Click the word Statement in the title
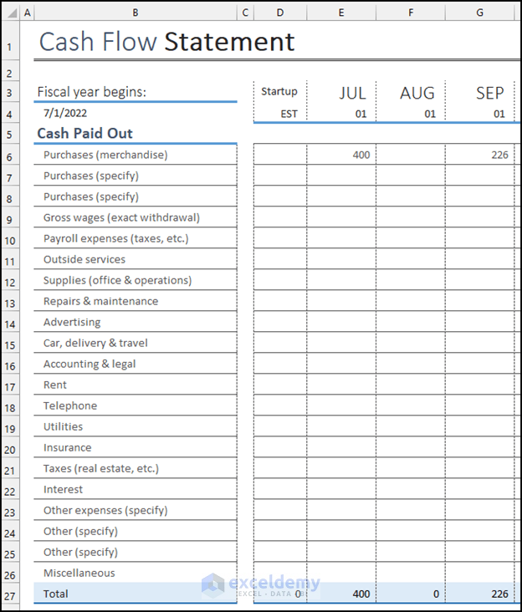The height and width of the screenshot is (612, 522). coord(229,42)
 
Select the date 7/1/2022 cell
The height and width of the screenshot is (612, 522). coord(65,113)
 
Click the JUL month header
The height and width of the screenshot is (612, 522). coord(352,93)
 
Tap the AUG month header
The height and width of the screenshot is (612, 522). coord(417,93)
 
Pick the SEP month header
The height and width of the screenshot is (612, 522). coord(489,93)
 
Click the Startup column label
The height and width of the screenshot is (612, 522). coord(279,92)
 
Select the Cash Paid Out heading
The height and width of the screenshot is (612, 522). coord(84,134)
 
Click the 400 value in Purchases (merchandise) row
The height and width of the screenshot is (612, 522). coord(361,155)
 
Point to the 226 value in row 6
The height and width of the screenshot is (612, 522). coord(499,155)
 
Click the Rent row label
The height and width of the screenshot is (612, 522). coord(55,385)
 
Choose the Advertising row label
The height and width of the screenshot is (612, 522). coord(72,322)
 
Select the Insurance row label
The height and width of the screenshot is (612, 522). coord(68,447)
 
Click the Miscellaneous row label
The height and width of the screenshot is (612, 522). coord(79,573)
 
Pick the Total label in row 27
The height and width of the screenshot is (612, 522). coord(56,594)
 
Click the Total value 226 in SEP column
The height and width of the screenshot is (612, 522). coord(499,594)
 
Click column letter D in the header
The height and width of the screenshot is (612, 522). coord(279,13)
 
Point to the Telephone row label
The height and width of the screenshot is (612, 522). coord(70,405)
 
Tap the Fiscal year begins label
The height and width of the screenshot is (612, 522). coord(91,92)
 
